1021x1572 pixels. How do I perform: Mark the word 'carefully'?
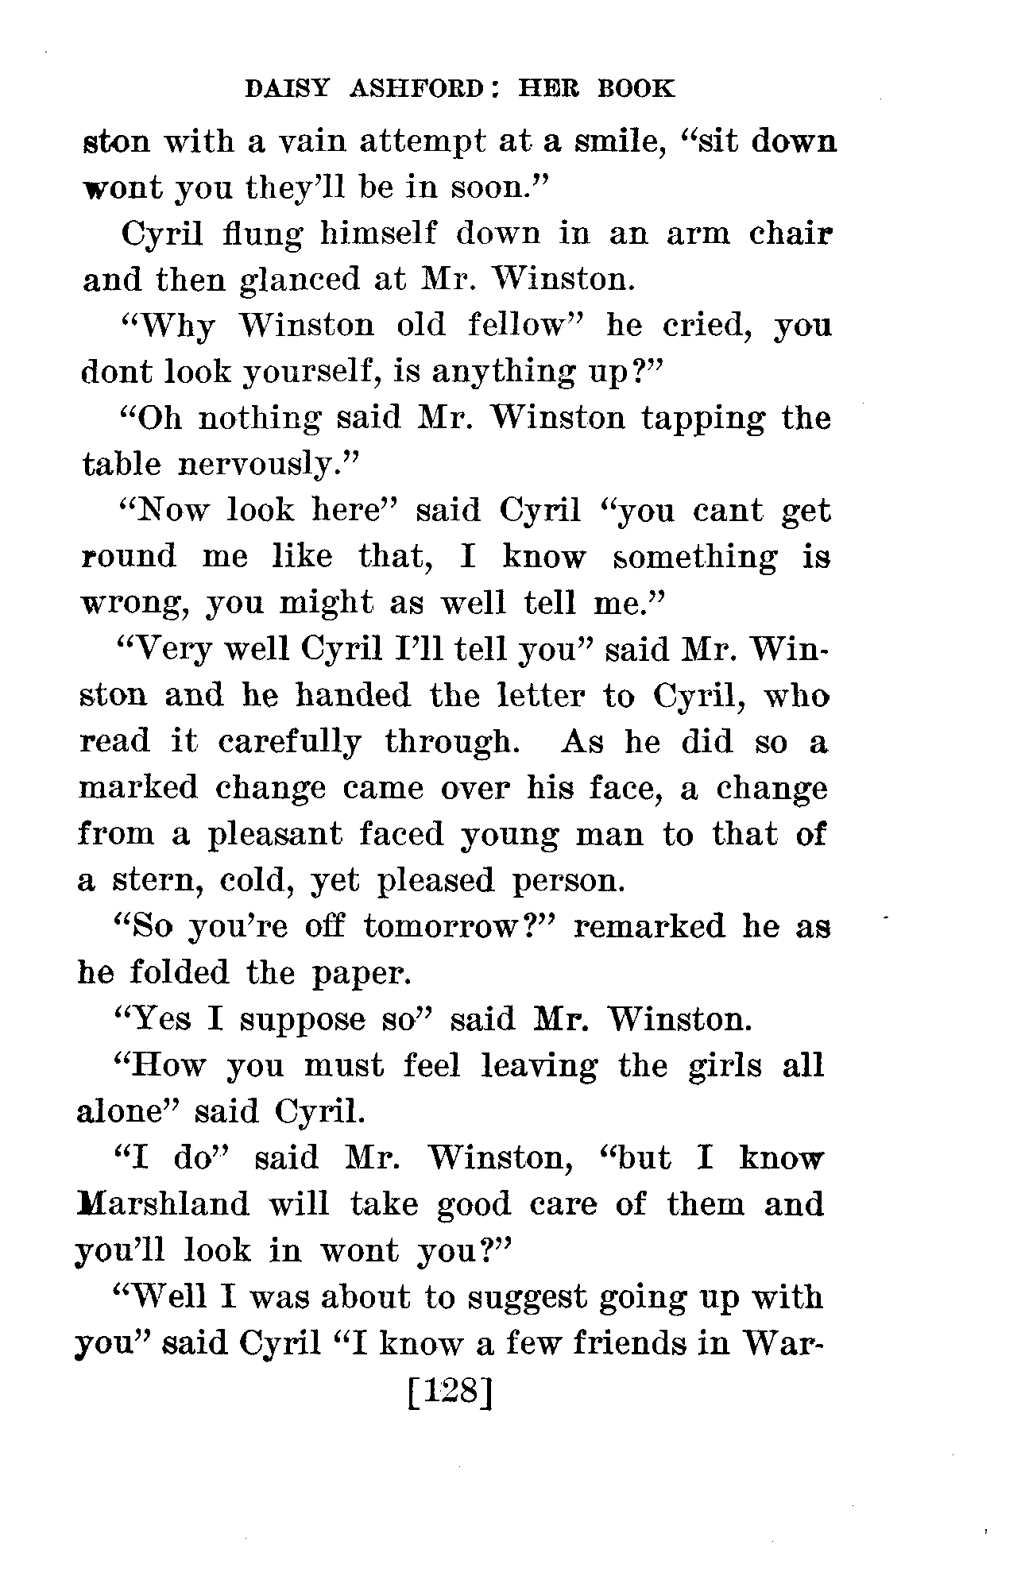pyautogui.click(x=289, y=742)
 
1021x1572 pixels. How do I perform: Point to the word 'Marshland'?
pyautogui.click(x=162, y=1204)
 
